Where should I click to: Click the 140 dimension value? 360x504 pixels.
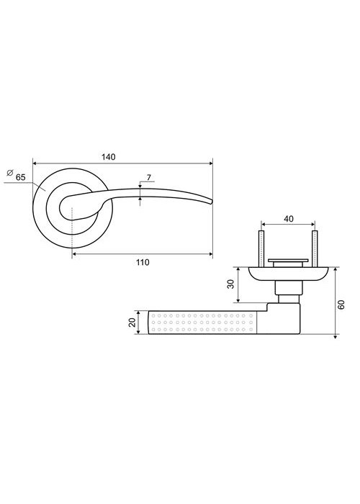point(108,157)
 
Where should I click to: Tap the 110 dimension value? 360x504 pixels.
point(143,262)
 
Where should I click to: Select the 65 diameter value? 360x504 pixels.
point(21,177)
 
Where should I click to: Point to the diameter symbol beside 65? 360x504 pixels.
point(10,172)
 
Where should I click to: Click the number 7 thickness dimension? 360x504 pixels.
point(149,178)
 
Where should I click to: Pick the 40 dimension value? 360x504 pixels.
point(289,219)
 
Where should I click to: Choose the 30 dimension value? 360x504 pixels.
point(231,284)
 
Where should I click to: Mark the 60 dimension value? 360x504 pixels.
point(341,304)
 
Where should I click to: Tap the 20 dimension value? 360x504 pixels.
point(132,323)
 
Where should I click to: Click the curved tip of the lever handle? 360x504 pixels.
point(212,202)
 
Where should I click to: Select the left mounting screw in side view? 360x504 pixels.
point(261,248)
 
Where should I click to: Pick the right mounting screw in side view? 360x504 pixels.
point(315,248)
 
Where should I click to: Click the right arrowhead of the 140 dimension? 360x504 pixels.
point(211,163)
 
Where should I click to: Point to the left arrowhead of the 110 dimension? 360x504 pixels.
point(74,254)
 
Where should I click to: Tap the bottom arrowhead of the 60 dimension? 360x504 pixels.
point(335,336)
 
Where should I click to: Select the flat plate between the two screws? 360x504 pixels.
point(288,260)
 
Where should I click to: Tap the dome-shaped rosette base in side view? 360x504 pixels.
point(288,274)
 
